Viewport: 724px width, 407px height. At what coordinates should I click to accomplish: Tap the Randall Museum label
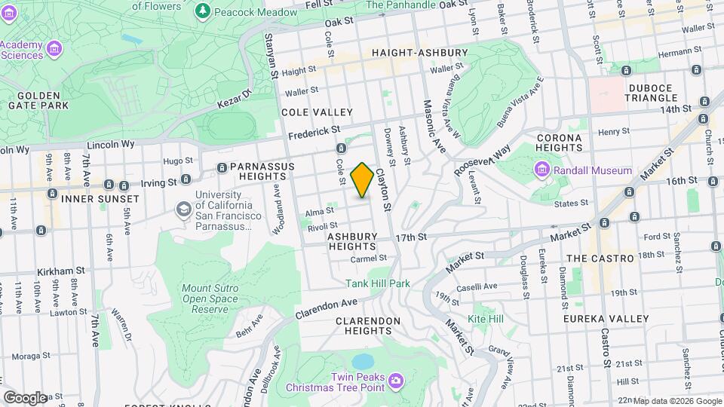pos(594,170)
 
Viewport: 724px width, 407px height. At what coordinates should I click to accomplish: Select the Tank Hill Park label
pos(378,283)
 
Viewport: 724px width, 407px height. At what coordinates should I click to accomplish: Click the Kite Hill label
pos(485,319)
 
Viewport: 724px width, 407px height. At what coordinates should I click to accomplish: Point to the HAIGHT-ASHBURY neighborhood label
pos(419,53)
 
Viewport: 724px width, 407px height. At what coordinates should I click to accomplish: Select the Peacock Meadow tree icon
pos(202,11)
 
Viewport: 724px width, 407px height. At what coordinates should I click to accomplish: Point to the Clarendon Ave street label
pos(327,308)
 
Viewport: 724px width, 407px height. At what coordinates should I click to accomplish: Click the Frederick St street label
pos(314,132)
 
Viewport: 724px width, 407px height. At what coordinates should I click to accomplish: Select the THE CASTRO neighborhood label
pos(600,258)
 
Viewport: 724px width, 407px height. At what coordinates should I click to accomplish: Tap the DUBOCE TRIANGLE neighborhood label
pos(652,93)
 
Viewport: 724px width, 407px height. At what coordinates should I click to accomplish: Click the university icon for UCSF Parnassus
pos(183,207)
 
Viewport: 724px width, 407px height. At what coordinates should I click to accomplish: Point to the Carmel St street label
pos(369,258)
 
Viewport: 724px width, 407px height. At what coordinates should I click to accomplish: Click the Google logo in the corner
pos(24,397)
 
